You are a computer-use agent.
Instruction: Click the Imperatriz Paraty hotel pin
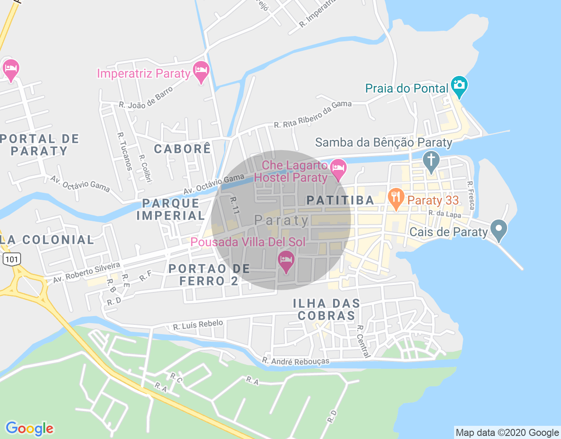click(201, 72)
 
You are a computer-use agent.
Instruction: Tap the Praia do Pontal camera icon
click(459, 86)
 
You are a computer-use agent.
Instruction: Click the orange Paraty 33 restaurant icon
click(396, 199)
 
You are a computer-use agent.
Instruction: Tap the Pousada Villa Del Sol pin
click(286, 261)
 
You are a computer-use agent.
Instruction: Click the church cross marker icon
click(431, 161)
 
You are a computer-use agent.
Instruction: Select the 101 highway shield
click(11, 259)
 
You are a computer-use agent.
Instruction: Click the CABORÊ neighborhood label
click(182, 149)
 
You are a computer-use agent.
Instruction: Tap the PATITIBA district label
click(341, 200)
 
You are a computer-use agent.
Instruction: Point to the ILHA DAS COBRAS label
click(327, 309)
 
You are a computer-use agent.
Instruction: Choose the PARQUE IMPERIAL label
click(171, 209)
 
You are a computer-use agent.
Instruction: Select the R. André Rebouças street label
click(296, 361)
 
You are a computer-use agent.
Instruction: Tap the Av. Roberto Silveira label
click(86, 273)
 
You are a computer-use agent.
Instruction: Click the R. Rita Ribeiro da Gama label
click(313, 114)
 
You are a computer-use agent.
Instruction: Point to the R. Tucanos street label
click(125, 151)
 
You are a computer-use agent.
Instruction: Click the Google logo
click(29, 428)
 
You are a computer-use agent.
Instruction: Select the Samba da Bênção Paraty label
click(383, 143)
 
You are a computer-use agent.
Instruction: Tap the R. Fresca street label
click(471, 195)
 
